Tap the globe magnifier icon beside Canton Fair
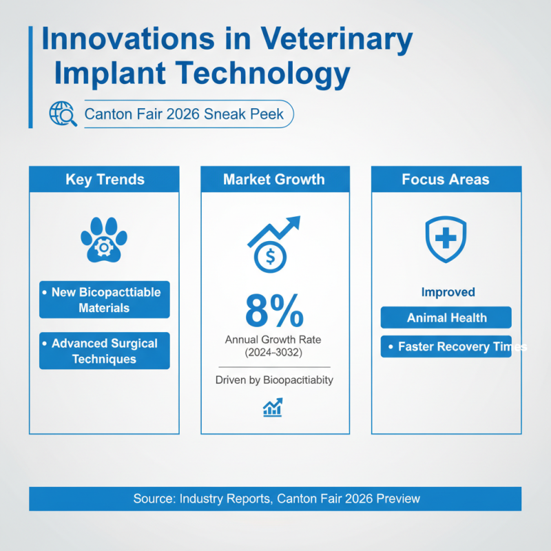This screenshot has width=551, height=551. coord(63,114)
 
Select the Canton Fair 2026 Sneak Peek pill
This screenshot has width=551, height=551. coord(184,114)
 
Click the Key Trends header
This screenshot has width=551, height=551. coord(105,180)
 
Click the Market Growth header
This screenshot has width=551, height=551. coord(273,180)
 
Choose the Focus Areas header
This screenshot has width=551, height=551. coord(446,180)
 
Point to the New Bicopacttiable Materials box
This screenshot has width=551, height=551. coord(105,300)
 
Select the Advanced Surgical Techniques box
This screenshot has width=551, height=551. coord(105,351)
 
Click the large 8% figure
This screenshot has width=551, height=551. coord(273,311)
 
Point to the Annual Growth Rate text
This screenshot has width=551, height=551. coord(273,340)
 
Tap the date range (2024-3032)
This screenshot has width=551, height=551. coord(273,353)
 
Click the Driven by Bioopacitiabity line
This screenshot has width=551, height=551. coord(273,380)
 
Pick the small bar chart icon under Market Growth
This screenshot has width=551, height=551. coord(273,408)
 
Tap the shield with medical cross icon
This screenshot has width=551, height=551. coord(446,239)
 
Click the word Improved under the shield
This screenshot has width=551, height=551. coord(448,292)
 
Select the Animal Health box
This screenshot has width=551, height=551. coord(446,318)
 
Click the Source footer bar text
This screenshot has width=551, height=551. coord(275,499)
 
